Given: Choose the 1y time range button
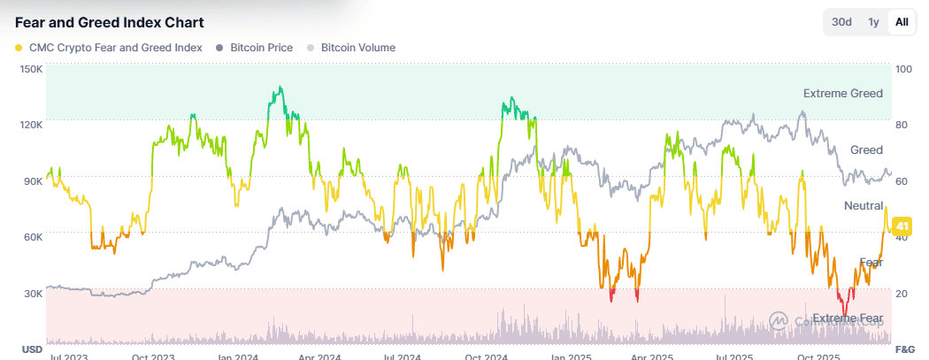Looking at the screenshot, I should click(x=873, y=22).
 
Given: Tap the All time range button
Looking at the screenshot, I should click(x=902, y=22).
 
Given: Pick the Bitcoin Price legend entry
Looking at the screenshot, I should click(x=261, y=48).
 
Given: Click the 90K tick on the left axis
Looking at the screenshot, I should click(x=32, y=181).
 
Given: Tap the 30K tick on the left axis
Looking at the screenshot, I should click(x=32, y=294).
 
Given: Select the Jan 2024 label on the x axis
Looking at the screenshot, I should click(x=237, y=356).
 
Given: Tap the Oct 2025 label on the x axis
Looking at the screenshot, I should click(x=819, y=356).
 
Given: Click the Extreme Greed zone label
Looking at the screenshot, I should click(x=842, y=93).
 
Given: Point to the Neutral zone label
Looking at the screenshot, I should click(x=864, y=205).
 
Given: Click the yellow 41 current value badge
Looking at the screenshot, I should click(x=902, y=227).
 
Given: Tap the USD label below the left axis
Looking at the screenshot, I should click(x=31, y=349).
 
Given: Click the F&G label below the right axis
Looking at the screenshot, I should click(x=903, y=349).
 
